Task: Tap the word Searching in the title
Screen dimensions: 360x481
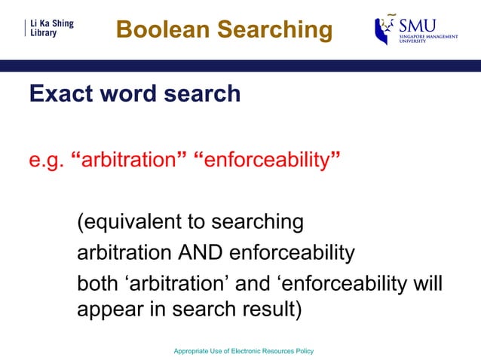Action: click(272, 30)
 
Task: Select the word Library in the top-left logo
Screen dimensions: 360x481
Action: click(44, 35)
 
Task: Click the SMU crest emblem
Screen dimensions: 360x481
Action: click(385, 30)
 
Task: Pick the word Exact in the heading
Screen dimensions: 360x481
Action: click(58, 94)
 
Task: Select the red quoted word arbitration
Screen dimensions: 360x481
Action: click(133, 160)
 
